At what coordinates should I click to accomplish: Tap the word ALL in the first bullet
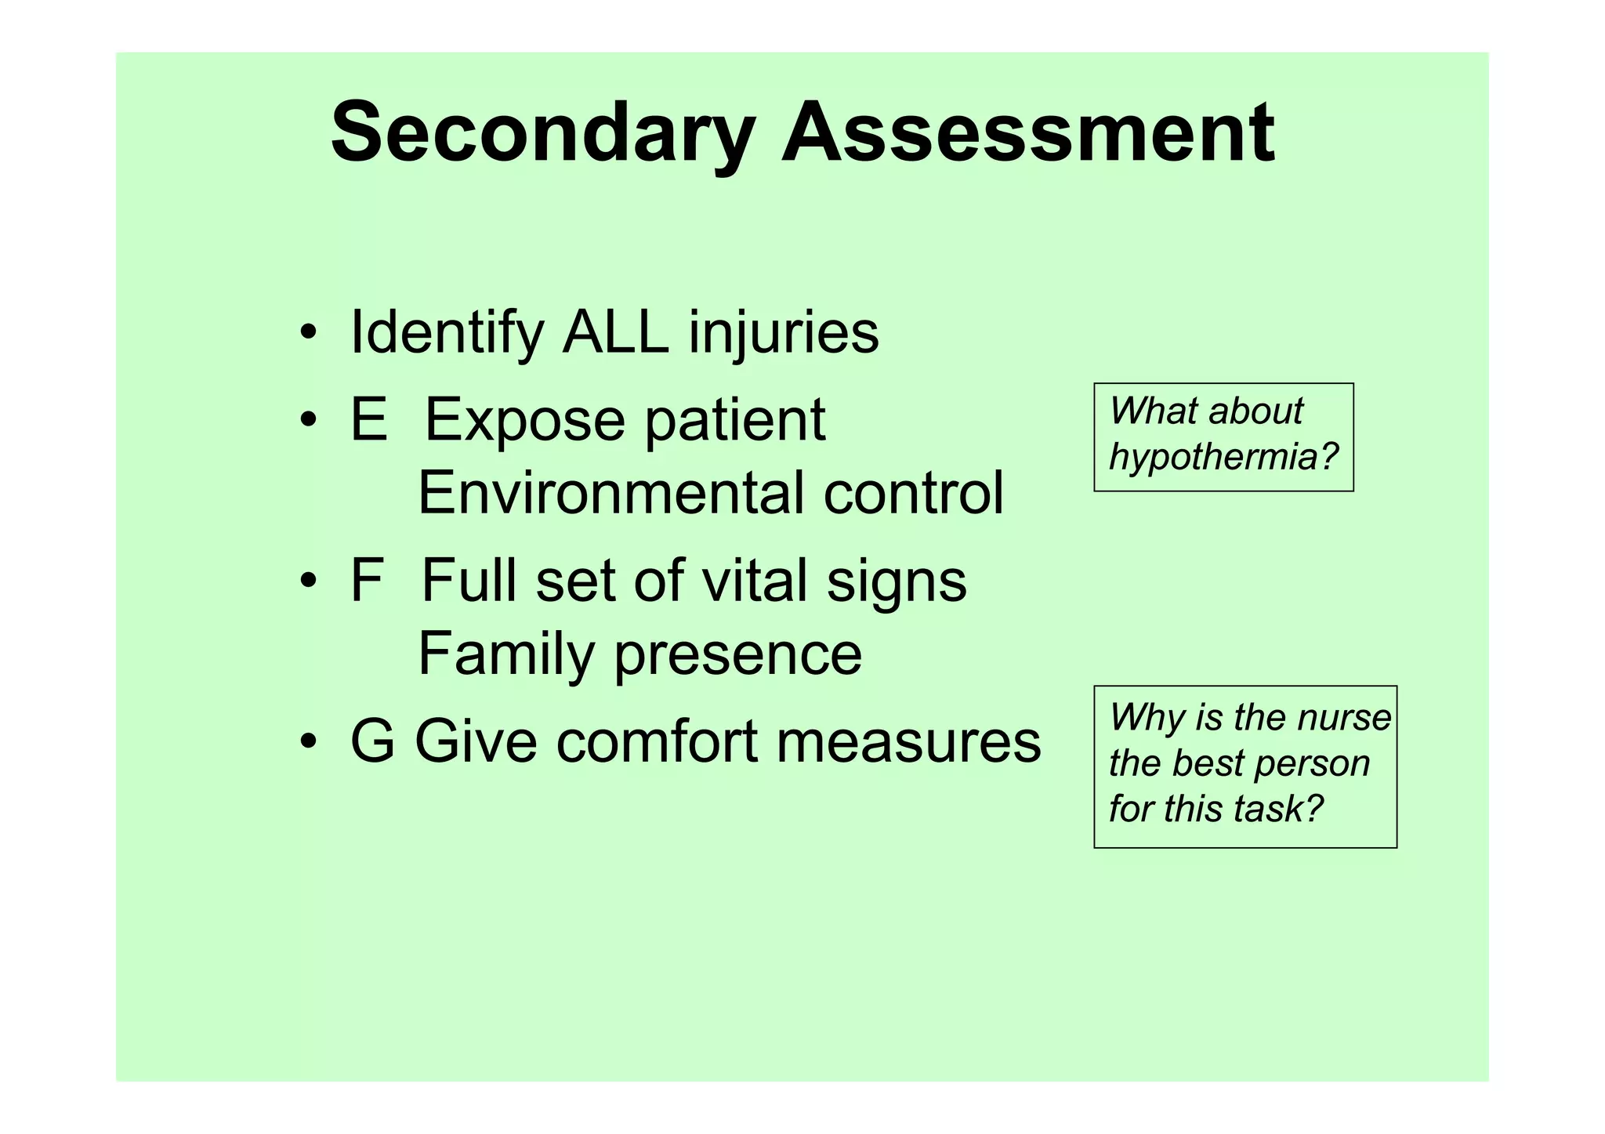click(615, 332)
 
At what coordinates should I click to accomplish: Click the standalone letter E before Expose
click(369, 419)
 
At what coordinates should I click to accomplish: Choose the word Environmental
click(610, 493)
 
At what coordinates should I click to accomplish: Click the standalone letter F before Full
click(366, 581)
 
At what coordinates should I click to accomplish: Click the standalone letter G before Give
click(372, 741)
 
